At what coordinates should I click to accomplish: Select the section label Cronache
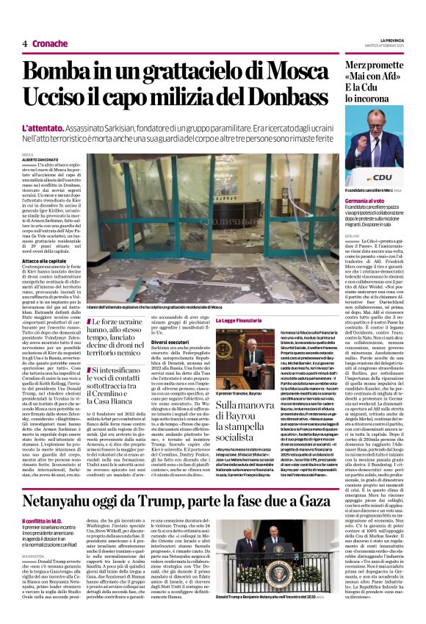[51, 44]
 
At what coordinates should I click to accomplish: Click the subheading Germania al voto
[364, 201]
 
